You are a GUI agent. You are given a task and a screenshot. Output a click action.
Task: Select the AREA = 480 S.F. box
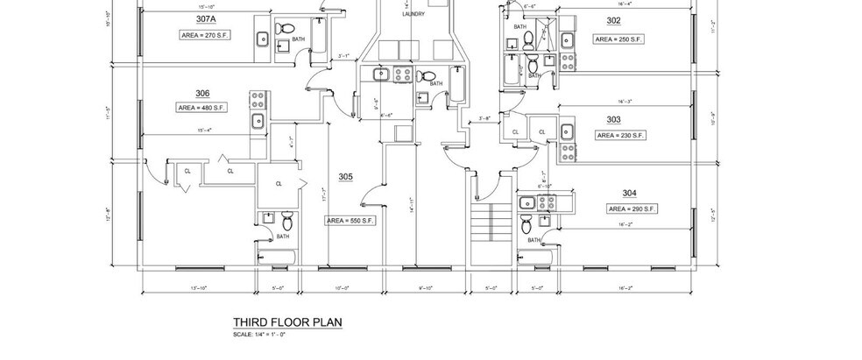pyautogui.click(x=202, y=108)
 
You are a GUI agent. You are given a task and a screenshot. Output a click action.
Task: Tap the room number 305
pyautogui.click(x=346, y=177)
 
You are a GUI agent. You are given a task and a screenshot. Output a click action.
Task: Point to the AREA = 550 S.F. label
pyautogui.click(x=350, y=222)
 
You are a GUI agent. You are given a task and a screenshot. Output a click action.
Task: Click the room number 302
pyautogui.click(x=613, y=21)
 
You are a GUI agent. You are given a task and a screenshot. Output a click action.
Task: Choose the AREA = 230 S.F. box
pyautogui.click(x=621, y=136)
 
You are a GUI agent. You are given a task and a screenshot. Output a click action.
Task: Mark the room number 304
pyautogui.click(x=629, y=194)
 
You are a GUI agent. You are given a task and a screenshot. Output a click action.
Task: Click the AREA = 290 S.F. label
pyautogui.click(x=632, y=209)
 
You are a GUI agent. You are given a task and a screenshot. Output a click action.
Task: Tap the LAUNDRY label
pyautogui.click(x=413, y=15)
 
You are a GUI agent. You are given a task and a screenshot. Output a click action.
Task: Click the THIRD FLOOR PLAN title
pyautogui.click(x=286, y=322)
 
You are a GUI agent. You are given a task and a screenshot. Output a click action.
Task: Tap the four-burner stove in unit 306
pyautogui.click(x=258, y=97)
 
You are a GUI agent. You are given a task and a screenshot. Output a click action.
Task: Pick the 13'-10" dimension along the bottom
pyautogui.click(x=198, y=287)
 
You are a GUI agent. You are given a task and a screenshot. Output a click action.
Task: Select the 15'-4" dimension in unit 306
pyautogui.click(x=205, y=130)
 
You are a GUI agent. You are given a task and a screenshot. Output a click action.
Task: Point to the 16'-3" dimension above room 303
pyautogui.click(x=625, y=102)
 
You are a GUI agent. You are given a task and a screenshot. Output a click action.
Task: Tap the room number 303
pyautogui.click(x=613, y=120)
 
